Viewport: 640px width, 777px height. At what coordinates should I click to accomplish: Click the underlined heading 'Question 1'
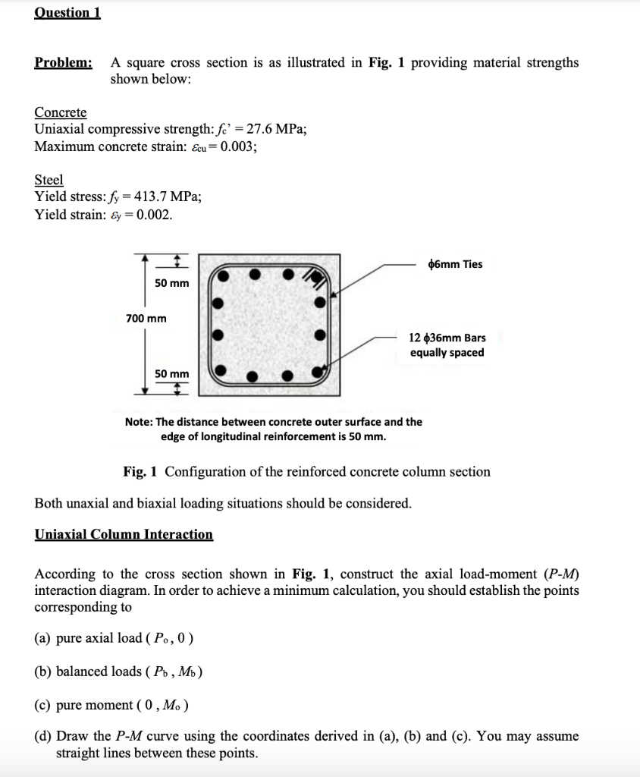tap(67, 13)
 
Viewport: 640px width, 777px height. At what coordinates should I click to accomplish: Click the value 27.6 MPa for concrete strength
tap(278, 129)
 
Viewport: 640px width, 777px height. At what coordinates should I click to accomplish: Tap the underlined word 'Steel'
tap(49, 180)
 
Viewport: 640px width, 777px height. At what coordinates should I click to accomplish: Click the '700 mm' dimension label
tap(146, 318)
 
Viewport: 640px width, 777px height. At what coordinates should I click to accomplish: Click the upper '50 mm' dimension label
tap(172, 283)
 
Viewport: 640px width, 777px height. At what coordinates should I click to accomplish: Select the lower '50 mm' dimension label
tap(172, 373)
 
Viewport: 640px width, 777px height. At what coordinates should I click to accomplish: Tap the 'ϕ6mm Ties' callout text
tap(455, 264)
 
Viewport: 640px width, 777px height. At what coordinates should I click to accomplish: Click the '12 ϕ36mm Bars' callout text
tap(447, 338)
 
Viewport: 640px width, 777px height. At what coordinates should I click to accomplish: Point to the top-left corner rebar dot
tap(223, 275)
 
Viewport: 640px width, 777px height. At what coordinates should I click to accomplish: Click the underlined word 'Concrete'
tap(61, 112)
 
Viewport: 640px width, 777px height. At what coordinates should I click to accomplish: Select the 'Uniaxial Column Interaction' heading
tap(124, 534)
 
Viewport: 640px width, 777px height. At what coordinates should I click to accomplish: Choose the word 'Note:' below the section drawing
tap(139, 422)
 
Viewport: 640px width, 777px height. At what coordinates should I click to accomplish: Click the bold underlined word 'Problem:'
tap(64, 63)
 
